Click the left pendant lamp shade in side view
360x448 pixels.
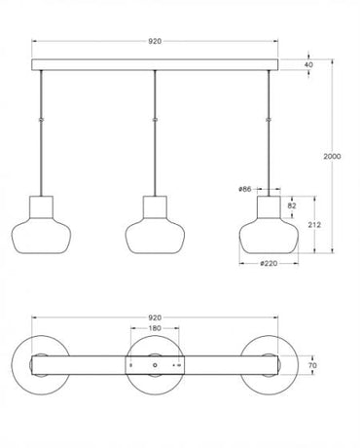tap(42, 232)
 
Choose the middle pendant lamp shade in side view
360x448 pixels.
tap(155, 232)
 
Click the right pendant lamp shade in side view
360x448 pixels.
tap(267, 232)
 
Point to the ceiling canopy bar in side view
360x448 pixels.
tap(154, 65)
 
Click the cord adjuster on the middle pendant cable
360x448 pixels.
tap(155, 121)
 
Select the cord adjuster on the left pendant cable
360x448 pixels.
tap(42, 121)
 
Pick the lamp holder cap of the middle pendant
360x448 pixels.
tap(155, 206)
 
